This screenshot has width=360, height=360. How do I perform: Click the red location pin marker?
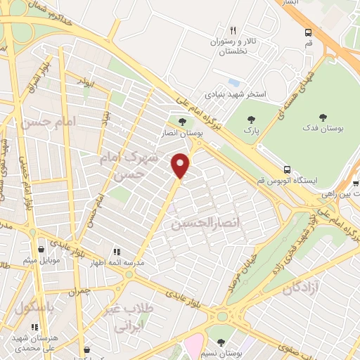pos(181,165)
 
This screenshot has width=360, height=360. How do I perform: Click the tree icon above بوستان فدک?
pos(323,118)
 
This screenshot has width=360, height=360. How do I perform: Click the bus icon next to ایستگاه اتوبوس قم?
pos(287,169)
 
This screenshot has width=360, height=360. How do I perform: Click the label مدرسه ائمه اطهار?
pos(118,262)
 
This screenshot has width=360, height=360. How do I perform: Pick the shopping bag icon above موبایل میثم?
pos(43,249)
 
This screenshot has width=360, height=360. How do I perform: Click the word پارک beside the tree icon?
pos(248,130)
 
